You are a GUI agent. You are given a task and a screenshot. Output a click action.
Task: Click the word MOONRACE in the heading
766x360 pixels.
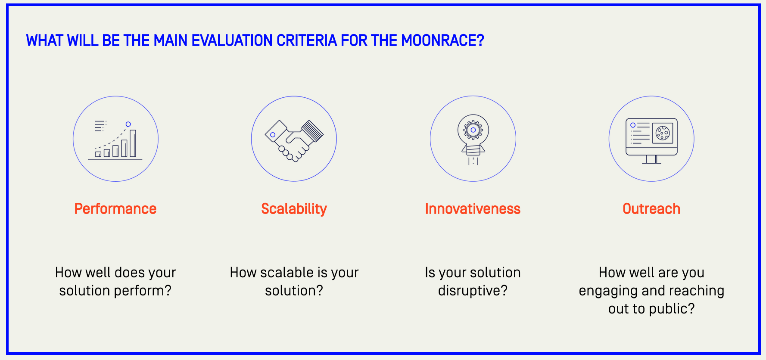pyautogui.click(x=442, y=40)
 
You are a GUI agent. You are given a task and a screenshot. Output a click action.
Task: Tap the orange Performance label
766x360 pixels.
pyautogui.click(x=115, y=209)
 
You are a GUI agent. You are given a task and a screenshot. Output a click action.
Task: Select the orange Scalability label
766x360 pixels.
pyautogui.click(x=294, y=209)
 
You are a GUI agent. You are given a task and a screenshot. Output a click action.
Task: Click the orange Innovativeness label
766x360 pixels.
pyautogui.click(x=473, y=209)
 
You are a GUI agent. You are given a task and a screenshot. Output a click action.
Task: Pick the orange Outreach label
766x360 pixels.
pyautogui.click(x=651, y=209)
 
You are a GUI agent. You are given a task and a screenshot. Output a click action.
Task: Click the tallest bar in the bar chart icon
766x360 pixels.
pyautogui.click(x=133, y=143)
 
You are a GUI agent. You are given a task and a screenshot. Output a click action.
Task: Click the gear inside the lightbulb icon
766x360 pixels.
pyautogui.click(x=473, y=130)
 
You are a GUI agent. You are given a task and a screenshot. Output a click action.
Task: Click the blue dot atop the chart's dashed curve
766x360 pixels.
pyautogui.click(x=128, y=124)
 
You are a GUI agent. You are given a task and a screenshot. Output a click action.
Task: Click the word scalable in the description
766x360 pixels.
pyautogui.click(x=287, y=273)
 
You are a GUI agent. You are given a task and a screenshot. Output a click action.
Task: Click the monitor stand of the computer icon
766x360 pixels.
pyautogui.click(x=651, y=159)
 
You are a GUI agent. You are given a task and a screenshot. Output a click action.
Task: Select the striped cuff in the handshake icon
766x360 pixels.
pyautogui.click(x=312, y=131)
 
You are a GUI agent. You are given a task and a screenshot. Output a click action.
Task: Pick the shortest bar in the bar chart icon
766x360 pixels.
pyautogui.click(x=98, y=154)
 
